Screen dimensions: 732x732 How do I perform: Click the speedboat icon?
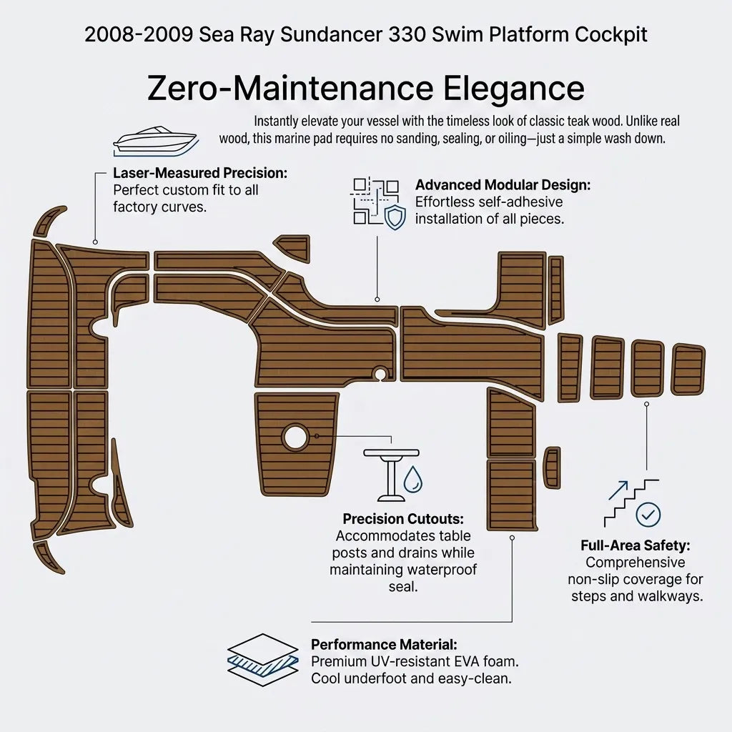point(156,141)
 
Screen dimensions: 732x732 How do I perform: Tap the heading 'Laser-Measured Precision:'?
point(200,173)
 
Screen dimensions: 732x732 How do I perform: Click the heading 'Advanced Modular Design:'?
point(503,185)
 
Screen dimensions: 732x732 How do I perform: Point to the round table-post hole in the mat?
point(295,437)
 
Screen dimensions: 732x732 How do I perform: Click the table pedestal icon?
point(391,475)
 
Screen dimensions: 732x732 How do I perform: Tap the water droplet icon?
point(412,479)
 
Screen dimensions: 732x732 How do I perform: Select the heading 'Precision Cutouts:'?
point(403,519)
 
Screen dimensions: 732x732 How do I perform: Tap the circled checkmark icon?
point(648,515)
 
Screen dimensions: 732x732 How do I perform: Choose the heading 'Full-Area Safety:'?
point(635,545)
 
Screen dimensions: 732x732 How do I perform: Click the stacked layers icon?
point(263,660)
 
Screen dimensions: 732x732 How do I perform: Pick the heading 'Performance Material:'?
point(384,645)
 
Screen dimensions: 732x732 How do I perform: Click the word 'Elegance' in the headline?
point(513,88)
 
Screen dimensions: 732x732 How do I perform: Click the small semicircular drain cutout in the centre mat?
point(381,372)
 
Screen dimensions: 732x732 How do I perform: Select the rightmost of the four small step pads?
point(688,370)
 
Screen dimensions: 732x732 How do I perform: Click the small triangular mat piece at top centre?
point(293,248)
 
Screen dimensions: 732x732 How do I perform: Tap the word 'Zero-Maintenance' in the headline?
point(290,88)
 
